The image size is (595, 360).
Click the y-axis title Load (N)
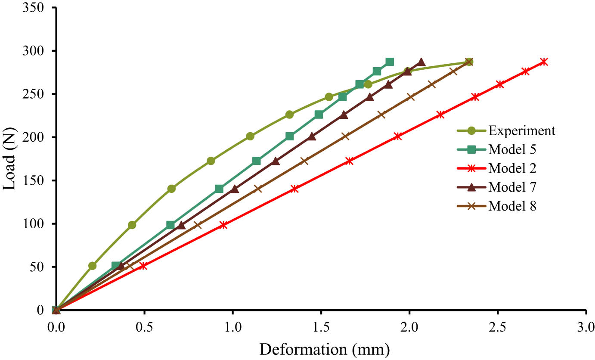click(10, 158)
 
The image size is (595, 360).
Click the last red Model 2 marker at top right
click(544, 62)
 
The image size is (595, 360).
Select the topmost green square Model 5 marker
click(389, 62)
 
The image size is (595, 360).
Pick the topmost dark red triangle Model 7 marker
click(421, 62)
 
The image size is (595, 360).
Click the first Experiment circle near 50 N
click(92, 266)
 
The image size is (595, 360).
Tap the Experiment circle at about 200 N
click(250, 136)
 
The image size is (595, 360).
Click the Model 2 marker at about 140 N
click(294, 189)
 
